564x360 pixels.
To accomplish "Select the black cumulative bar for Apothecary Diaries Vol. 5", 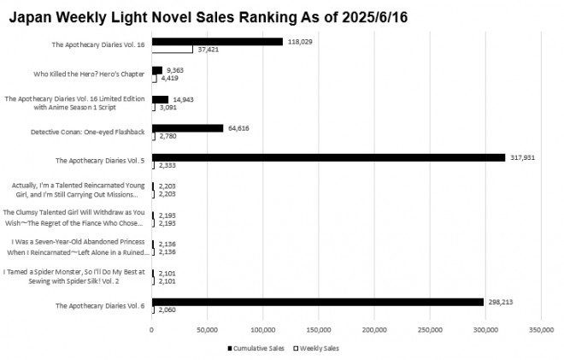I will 328,157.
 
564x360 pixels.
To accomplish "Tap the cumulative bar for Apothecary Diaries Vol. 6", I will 317,301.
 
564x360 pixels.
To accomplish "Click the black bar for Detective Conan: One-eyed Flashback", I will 187,128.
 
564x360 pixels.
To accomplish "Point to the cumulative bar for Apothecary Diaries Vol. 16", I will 217,41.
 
